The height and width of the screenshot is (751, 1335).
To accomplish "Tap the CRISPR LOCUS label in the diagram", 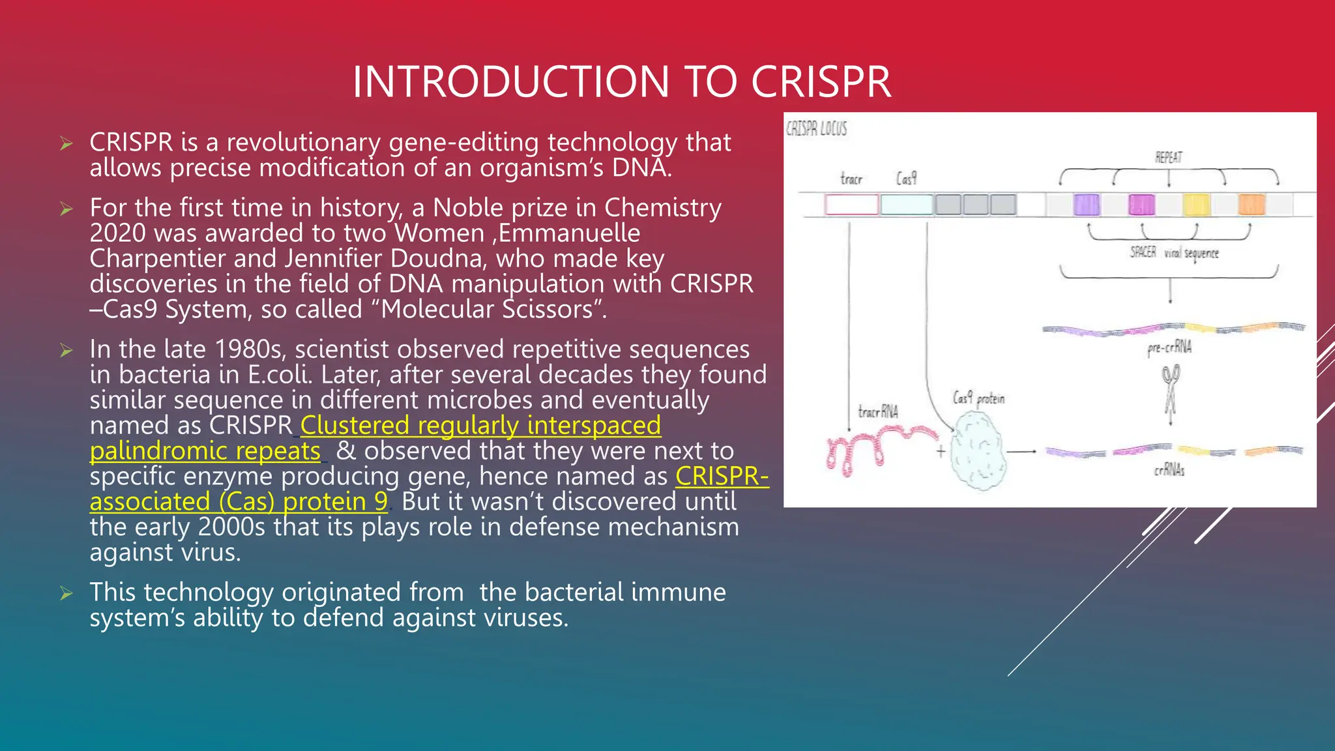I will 816,129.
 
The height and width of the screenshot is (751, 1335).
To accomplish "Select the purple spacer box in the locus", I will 1086,205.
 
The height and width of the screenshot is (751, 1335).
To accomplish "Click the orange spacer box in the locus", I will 1252,205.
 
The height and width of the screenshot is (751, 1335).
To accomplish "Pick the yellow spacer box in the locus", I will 1196,205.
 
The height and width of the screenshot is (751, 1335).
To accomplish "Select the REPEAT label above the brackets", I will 1168,158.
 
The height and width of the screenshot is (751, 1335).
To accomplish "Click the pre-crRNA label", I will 1169,347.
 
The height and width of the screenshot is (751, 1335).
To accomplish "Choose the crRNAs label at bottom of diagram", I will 1169,470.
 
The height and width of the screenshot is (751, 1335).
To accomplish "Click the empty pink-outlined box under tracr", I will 851,205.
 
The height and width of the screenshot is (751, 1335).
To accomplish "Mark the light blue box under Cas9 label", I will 907,205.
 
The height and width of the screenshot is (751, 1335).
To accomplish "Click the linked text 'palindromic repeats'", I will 205,451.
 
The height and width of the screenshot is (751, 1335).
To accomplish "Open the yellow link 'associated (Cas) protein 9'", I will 239,502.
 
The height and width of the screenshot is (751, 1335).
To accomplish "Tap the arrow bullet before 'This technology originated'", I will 66,593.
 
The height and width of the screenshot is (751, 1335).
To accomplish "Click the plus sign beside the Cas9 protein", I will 941,451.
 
